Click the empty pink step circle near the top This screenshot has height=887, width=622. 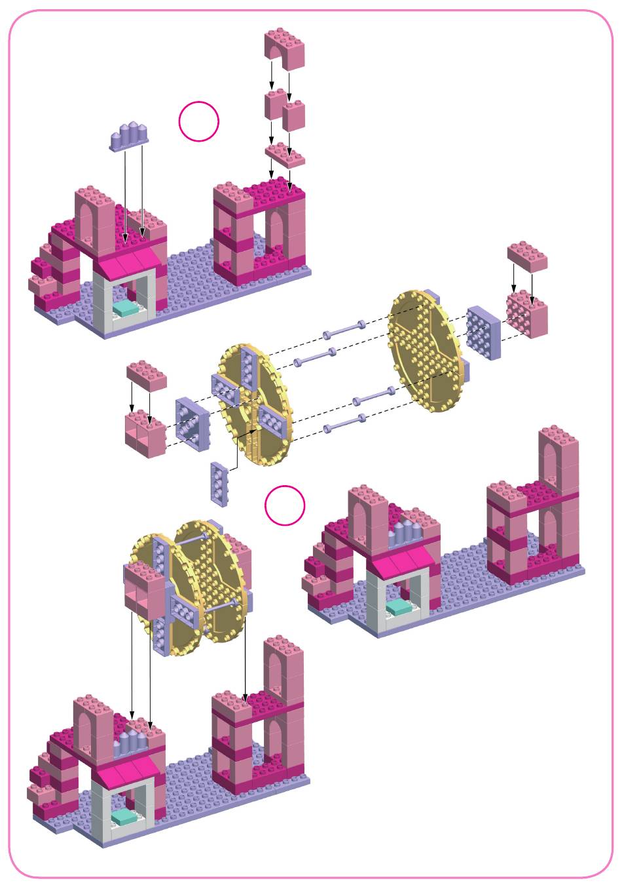click(199, 121)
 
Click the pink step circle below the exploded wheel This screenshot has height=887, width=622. click(285, 505)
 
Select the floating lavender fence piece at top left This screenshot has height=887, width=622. click(131, 136)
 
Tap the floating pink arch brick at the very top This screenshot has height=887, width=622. click(285, 49)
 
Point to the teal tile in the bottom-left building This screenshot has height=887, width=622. click(124, 817)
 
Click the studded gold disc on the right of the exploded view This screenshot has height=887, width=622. click(427, 351)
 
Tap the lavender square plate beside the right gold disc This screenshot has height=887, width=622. click(483, 332)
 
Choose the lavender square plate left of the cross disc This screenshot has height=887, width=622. click(192, 424)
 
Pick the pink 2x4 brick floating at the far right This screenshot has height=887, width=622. click(527, 256)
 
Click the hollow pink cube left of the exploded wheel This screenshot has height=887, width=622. click(145, 434)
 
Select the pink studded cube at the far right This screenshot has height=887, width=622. click(527, 315)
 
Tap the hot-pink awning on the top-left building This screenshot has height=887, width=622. click(129, 265)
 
